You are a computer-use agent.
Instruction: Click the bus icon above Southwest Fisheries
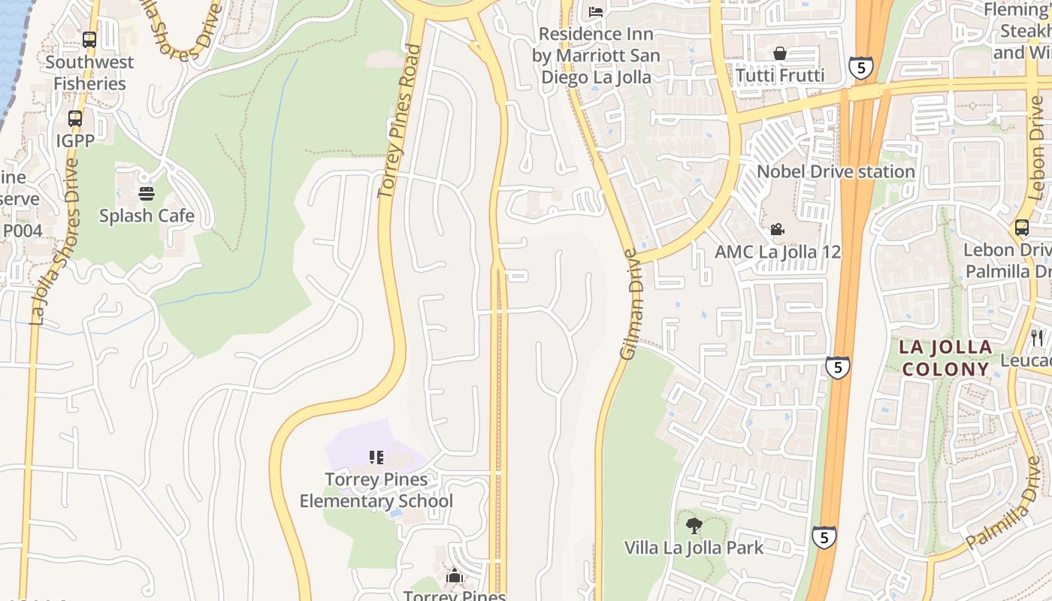coord(89,40)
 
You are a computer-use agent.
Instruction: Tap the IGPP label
coord(75,140)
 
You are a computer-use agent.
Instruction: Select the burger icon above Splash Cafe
coord(147,194)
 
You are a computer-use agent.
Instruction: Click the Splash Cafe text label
coord(147,216)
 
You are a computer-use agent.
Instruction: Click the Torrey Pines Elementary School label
coord(376,490)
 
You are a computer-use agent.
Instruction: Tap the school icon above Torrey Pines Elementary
coord(376,458)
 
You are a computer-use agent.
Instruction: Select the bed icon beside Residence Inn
coord(596,11)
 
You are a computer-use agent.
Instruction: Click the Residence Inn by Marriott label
coord(597,56)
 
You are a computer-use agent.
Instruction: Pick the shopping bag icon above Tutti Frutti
coord(780,53)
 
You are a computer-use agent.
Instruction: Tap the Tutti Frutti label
coord(780,75)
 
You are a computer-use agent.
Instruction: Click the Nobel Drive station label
coord(836,171)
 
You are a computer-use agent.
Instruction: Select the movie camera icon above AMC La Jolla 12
coord(778,229)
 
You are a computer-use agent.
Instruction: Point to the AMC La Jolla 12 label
coord(778,252)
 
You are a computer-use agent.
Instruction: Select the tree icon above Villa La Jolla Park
coord(694,526)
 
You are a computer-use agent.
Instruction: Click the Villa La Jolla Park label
coord(694,548)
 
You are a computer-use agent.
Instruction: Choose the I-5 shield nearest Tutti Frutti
coord(860,68)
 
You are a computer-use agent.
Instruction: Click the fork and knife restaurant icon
coord(1038,337)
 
